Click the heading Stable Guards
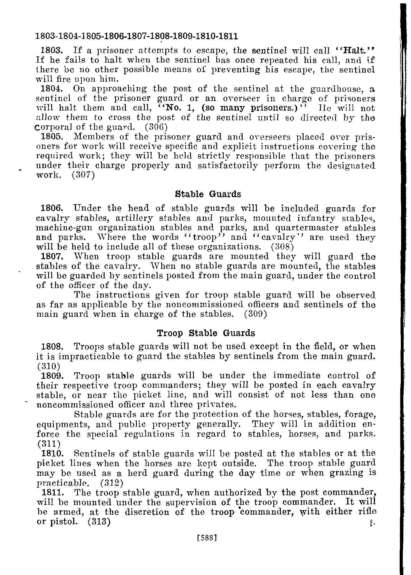click(x=208, y=194)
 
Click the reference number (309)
click(x=255, y=314)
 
